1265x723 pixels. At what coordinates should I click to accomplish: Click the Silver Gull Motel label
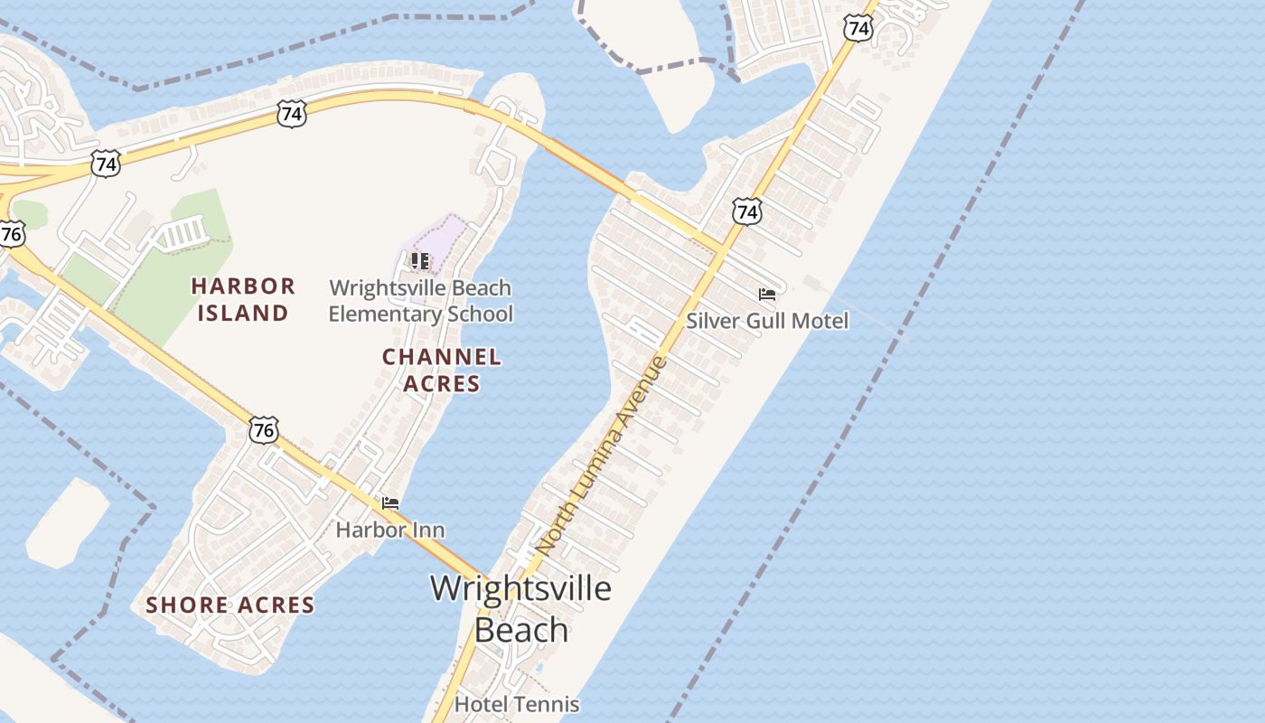point(767,321)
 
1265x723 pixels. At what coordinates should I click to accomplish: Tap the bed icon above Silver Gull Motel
point(767,295)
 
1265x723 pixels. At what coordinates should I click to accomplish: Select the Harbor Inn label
point(389,530)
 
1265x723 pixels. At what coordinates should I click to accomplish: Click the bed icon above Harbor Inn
point(390,503)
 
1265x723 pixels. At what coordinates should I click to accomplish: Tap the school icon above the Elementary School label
point(419,261)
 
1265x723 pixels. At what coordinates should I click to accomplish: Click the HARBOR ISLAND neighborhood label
point(243,300)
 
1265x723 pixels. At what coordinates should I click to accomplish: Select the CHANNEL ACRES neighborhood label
point(441,370)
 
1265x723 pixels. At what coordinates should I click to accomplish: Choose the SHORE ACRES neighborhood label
point(230,606)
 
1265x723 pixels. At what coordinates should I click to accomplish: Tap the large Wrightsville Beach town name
point(520,608)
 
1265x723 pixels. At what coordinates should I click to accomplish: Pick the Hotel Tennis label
point(517,703)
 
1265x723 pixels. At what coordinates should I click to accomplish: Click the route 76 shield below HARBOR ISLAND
point(264,430)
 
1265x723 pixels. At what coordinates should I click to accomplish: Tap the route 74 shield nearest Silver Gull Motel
point(746,212)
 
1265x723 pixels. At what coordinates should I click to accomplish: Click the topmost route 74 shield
point(858,29)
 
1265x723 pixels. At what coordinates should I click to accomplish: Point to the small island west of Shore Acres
point(65,524)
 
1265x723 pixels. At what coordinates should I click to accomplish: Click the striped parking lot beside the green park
point(181,236)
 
